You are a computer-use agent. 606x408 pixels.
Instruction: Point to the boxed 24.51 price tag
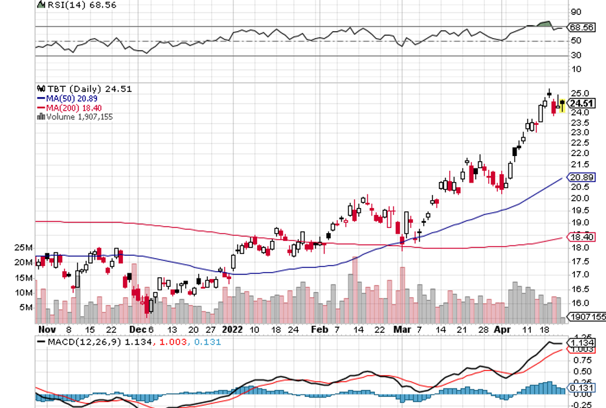coord(582,103)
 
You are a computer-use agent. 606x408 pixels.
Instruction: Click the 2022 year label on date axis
coord(232,329)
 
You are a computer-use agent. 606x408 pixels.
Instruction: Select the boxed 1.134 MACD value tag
coord(581,342)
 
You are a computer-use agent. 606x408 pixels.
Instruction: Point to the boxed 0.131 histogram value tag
coord(581,390)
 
